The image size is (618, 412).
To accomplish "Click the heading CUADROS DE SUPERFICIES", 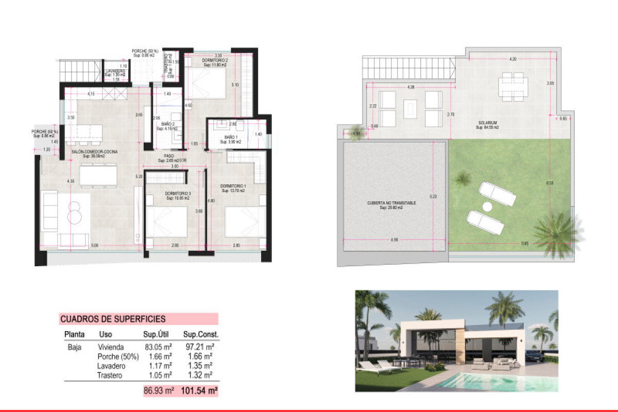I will [113, 319].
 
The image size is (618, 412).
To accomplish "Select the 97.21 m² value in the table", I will [200, 347].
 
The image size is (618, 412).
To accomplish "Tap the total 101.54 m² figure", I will [199, 391].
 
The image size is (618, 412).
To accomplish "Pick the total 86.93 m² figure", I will [159, 391].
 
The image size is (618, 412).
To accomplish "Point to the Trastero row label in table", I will [110, 375].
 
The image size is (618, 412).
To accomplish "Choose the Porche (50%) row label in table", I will [118, 356].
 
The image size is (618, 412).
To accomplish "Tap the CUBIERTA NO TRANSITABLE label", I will [391, 203].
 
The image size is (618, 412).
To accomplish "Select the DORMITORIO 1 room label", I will [233, 186].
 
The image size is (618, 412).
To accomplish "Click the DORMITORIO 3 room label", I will [178, 194].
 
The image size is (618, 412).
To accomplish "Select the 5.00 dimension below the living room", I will [94, 245].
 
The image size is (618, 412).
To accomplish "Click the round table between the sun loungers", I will [487, 207].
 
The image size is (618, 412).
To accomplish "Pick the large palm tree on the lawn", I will [556, 229].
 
